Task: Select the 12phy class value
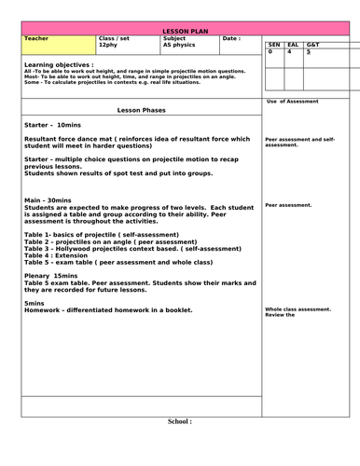point(108,45)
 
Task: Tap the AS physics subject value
point(179,45)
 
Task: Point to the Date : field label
point(231,39)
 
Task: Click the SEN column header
point(273,44)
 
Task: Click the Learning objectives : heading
point(58,64)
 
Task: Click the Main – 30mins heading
point(48,199)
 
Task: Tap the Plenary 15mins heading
point(51,276)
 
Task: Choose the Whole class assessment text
point(298,309)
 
